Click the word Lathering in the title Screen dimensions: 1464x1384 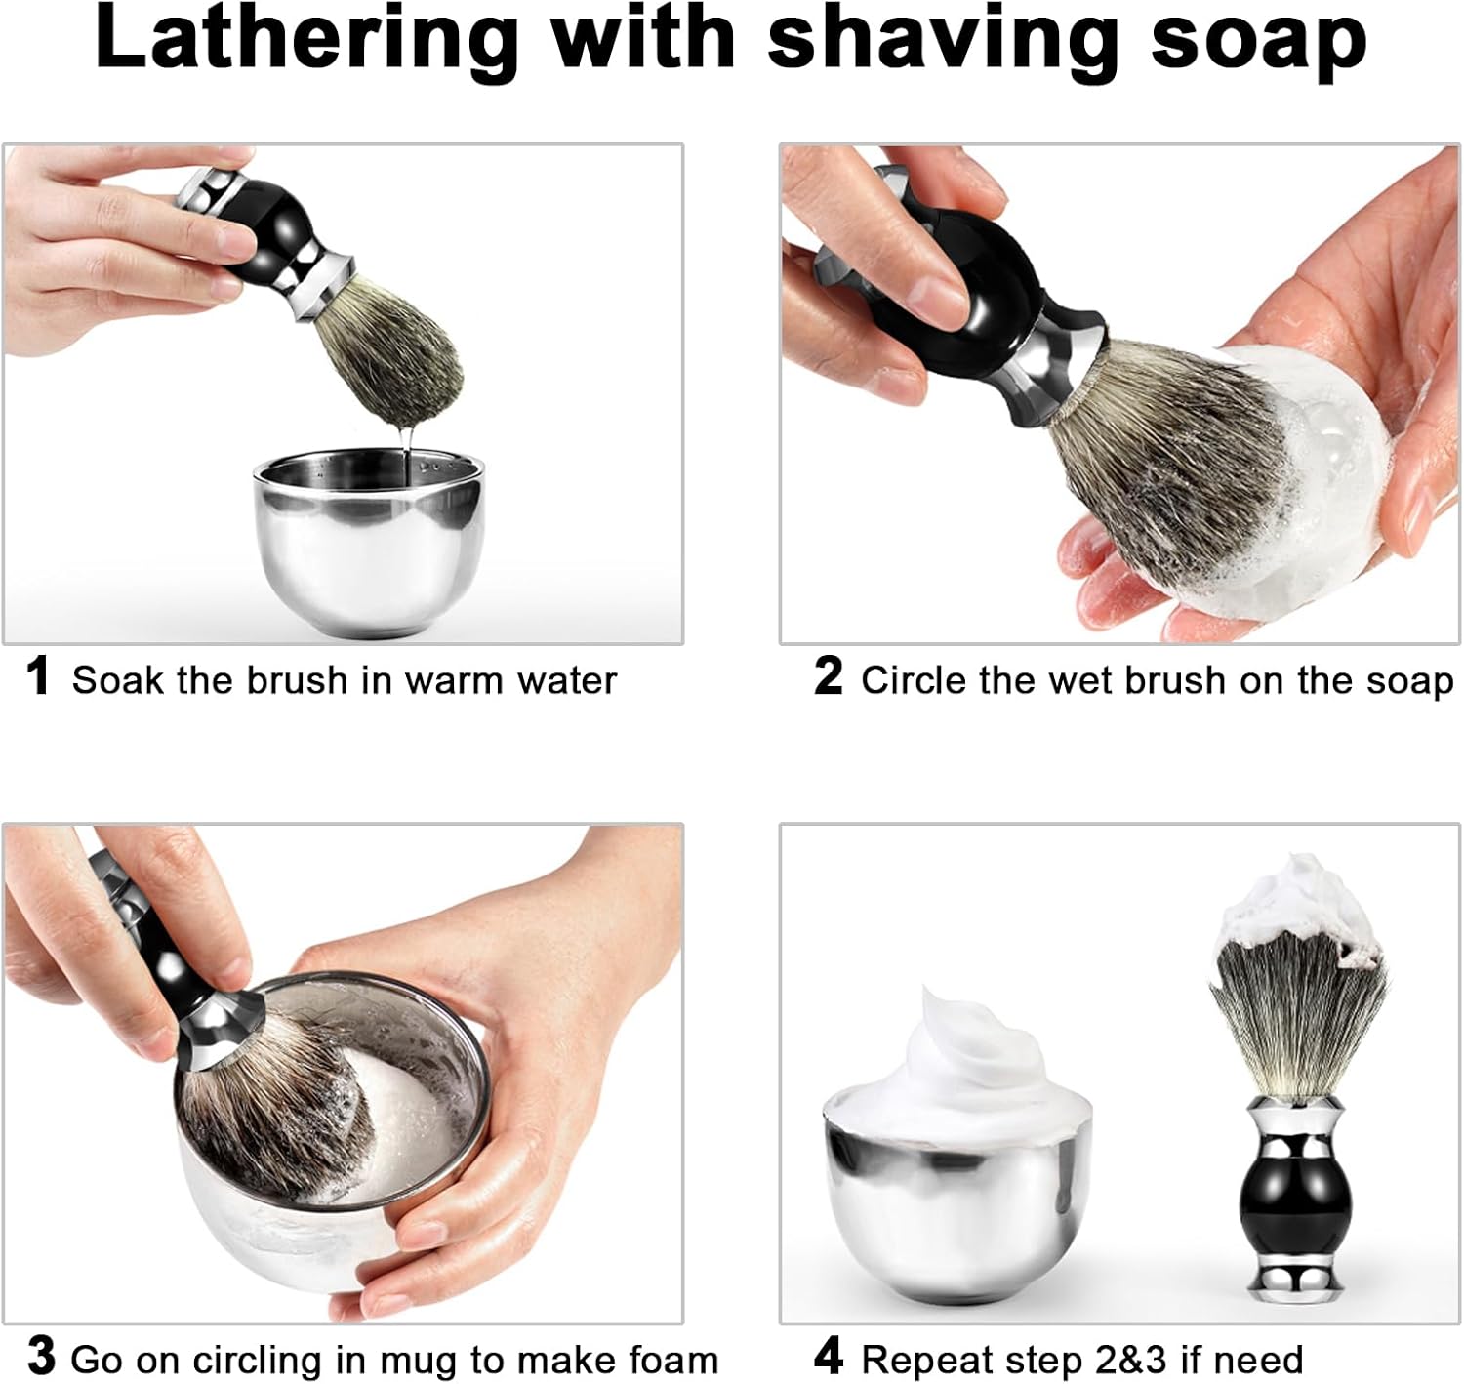click(306, 42)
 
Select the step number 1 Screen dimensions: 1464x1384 click(37, 675)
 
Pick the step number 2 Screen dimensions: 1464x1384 click(828, 675)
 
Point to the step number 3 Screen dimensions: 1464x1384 click(41, 1356)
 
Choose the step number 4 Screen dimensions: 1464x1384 click(829, 1356)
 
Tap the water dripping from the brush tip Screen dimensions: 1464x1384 click(405, 451)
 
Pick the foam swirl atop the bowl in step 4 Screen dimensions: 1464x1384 click(960, 1065)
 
